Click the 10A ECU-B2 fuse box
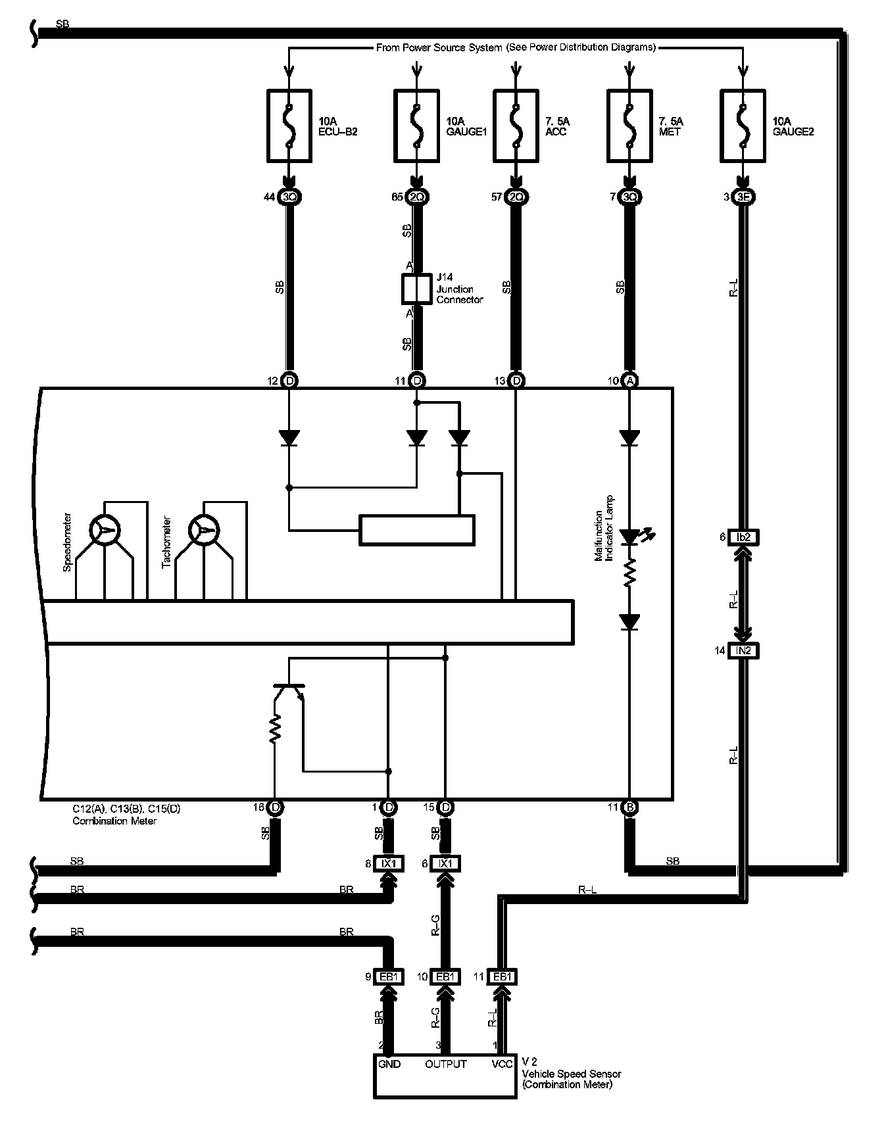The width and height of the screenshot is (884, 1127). tap(289, 126)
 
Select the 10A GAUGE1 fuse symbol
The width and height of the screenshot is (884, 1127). tap(416, 126)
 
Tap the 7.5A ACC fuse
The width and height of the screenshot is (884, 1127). tap(516, 126)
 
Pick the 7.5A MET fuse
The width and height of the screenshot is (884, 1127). tap(629, 126)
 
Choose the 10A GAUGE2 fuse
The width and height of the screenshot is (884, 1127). tap(743, 126)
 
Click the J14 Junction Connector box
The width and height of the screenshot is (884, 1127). tap(416, 289)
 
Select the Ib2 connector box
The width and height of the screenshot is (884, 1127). tap(743, 537)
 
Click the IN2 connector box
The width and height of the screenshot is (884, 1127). tap(743, 650)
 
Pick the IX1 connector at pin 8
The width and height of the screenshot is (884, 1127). tap(389, 863)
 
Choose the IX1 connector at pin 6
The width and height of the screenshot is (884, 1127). tap(445, 863)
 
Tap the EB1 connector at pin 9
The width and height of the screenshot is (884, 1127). tap(389, 977)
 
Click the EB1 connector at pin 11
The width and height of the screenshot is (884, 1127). tap(502, 977)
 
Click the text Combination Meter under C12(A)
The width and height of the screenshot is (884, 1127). tap(114, 821)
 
